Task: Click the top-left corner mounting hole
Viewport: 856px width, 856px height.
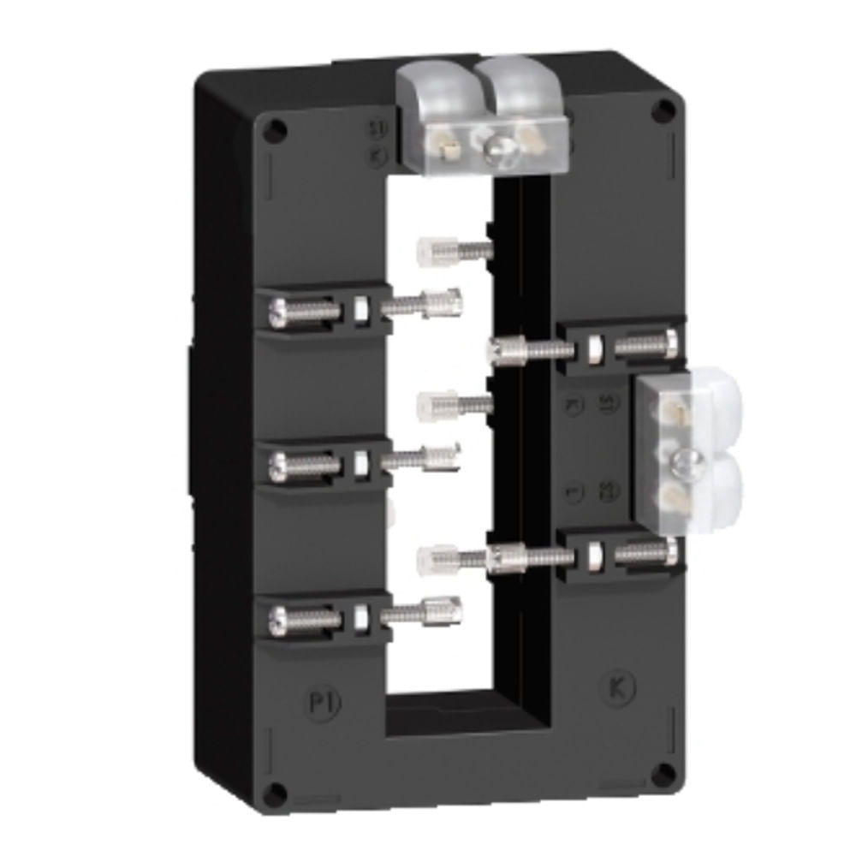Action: (x=275, y=130)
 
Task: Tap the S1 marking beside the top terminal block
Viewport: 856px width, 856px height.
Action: (x=373, y=130)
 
